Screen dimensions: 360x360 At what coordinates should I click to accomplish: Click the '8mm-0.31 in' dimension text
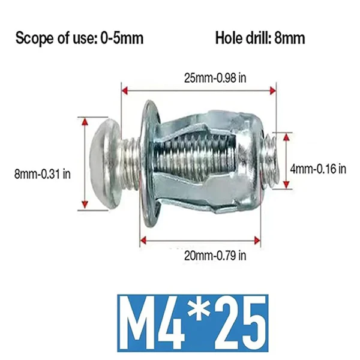43,173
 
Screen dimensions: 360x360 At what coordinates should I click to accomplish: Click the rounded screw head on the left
104,163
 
